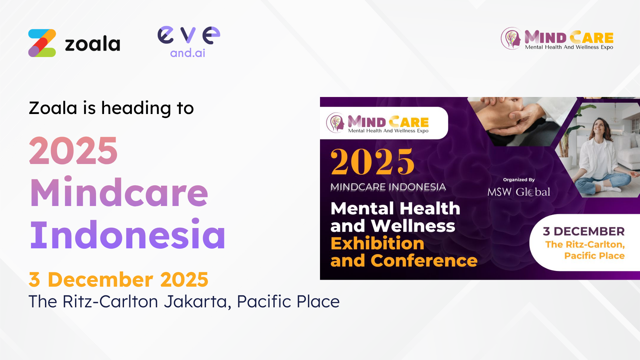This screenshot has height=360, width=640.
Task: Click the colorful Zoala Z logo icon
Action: pyautogui.click(x=42, y=43)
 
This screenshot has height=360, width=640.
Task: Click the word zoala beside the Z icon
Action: pyautogui.click(x=92, y=44)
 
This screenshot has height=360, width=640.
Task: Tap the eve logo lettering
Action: pyautogui.click(x=189, y=35)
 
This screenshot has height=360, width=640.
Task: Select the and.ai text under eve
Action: pyautogui.click(x=188, y=53)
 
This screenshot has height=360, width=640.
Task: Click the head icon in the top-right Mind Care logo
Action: pyautogui.click(x=511, y=38)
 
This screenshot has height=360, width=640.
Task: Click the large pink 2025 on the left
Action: pyautogui.click(x=73, y=151)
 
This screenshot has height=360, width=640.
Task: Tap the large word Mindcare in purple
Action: pyautogui.click(x=119, y=192)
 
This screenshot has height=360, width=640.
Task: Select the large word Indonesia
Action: pyautogui.click(x=128, y=235)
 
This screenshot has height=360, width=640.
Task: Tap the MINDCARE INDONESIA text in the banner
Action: pyautogui.click(x=388, y=187)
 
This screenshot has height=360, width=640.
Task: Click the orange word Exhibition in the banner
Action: pyautogui.click(x=377, y=243)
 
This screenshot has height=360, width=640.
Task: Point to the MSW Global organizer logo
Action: pyautogui.click(x=519, y=192)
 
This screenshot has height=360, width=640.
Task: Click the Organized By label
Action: pyautogui.click(x=519, y=180)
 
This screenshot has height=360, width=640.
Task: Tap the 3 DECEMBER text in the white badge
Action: pyautogui.click(x=584, y=231)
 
